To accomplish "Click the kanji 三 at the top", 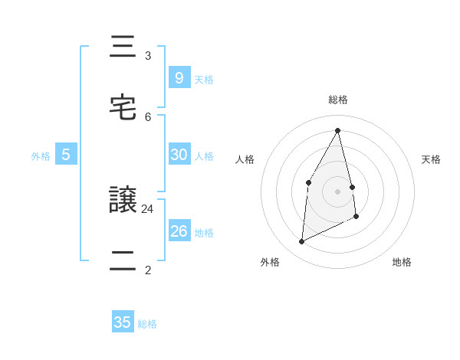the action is point(123,48).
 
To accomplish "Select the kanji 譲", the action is point(123,201).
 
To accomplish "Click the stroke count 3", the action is point(148,56).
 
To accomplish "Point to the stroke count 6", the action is point(148,116).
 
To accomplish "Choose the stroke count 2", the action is point(148,270).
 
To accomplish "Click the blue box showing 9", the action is point(179,77).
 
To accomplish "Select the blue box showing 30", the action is point(179,155).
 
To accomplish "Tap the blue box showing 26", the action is point(179,231).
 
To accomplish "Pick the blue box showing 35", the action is point(123,322).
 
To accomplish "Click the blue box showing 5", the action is point(66,155).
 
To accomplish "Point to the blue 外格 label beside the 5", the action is point(41,156).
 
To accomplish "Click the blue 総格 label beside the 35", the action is point(147,324).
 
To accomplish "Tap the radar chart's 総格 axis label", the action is point(338,100).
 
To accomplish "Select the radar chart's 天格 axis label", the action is point(431,159).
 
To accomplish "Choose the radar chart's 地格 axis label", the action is point(402,262).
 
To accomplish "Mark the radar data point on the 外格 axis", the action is point(302,242).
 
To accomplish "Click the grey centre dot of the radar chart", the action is point(338,191).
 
